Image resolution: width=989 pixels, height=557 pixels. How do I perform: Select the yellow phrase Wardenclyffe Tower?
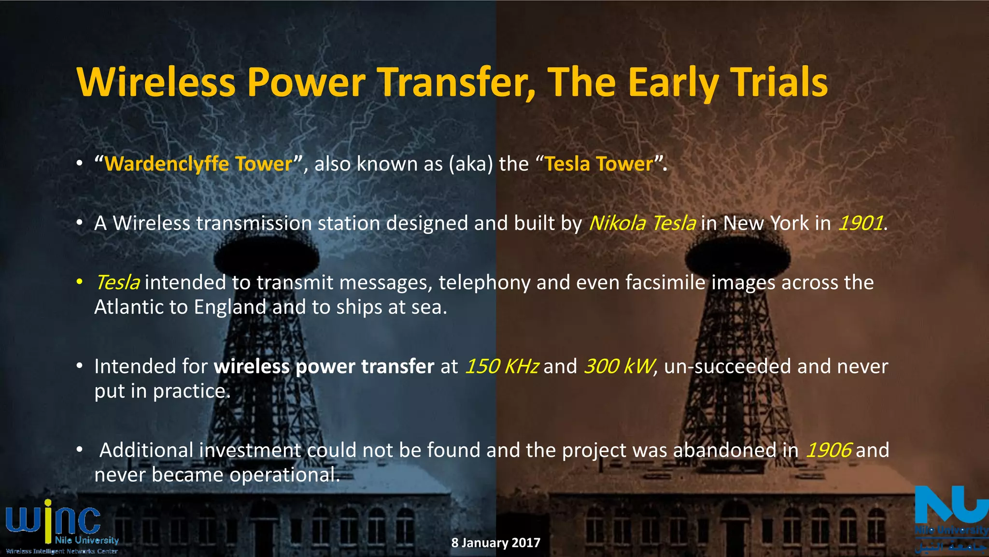198,164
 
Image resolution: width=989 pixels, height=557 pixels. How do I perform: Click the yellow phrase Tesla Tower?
599,164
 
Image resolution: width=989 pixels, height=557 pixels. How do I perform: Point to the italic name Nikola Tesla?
642,223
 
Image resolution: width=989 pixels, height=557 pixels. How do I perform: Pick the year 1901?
860,223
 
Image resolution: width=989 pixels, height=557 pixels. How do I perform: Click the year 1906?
828,450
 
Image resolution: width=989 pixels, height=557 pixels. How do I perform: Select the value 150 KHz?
501,366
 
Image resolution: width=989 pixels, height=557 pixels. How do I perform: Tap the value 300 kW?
619,366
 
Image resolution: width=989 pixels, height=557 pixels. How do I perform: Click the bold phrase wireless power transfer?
324,366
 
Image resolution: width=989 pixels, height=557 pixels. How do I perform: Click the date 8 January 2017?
495,542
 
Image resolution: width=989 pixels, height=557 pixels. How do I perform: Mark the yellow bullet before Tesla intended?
80,282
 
